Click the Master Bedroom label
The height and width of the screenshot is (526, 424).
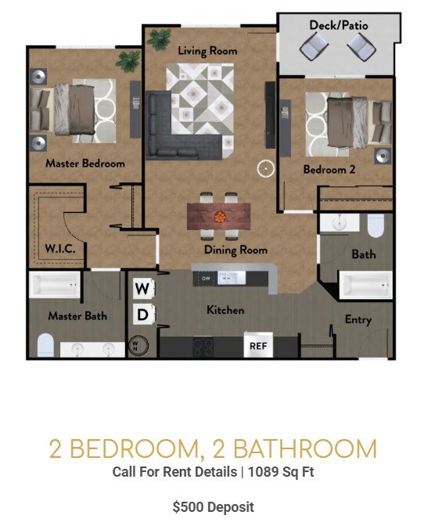point(84,164)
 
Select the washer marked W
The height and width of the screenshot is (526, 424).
point(142,289)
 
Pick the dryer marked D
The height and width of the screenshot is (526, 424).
point(142,315)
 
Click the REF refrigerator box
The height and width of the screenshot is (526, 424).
point(257,344)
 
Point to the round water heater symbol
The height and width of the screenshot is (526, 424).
point(138,344)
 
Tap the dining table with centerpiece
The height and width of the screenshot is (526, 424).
point(218,215)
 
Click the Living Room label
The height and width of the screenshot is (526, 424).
point(207,51)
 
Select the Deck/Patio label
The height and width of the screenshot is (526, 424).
point(338,26)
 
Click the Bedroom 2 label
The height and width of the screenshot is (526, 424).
point(329,169)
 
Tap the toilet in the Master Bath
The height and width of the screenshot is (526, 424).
point(45,344)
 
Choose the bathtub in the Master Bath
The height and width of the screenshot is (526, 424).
point(55,286)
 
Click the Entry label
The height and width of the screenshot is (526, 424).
point(358,319)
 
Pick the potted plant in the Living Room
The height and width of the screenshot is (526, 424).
point(160,38)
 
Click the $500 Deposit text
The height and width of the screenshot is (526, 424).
point(213,506)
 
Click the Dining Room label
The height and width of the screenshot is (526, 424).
point(235,250)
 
